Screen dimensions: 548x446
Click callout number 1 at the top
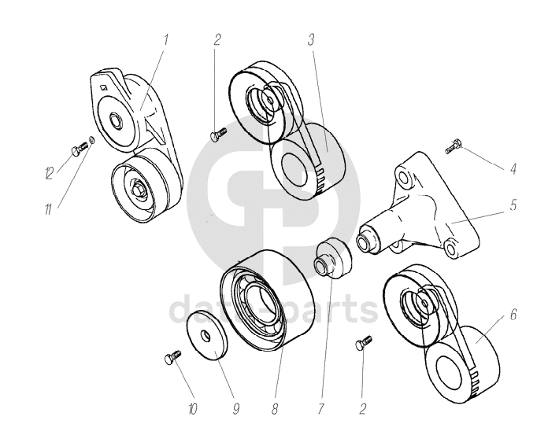pos(166,38)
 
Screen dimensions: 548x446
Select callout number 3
pos(312,39)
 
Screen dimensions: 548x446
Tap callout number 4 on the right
pos(513,168)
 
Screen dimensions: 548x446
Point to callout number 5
pos(513,205)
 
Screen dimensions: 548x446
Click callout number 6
pos(513,315)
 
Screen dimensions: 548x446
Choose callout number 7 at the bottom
pos(320,408)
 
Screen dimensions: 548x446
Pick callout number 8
pos(274,408)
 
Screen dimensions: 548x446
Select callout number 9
pos(235,408)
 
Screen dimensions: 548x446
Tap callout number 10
pos(194,408)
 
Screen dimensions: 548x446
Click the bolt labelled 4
pos(453,146)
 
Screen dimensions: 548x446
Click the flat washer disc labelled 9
pos(206,336)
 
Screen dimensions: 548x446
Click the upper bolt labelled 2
pos(218,136)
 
